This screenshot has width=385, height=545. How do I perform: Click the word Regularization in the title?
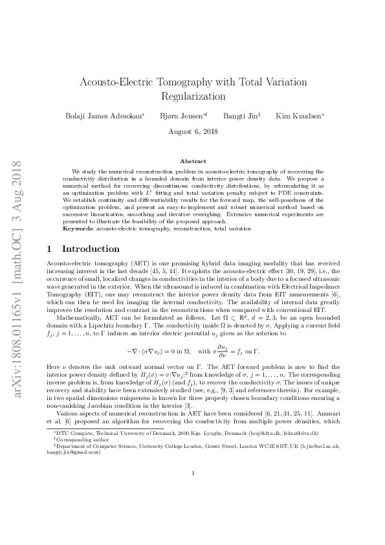coord(192,96)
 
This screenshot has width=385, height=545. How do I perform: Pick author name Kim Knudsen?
coord(291,116)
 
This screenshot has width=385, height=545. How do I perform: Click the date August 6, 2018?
coord(192,131)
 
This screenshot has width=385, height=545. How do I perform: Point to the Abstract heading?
coord(192,161)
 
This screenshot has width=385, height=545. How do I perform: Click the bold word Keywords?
coord(77,229)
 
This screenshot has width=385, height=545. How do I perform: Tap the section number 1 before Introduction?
coord(51,249)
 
